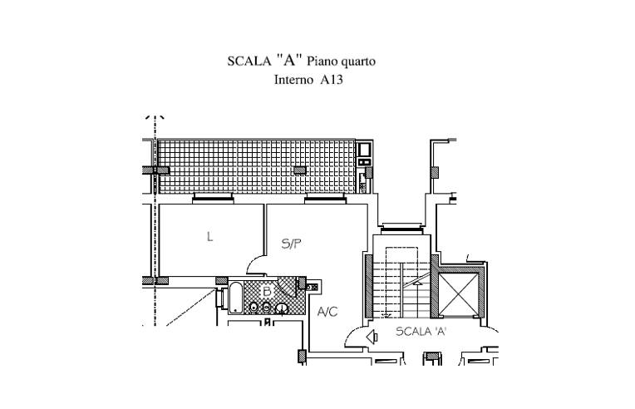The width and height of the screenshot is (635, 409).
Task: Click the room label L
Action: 209,236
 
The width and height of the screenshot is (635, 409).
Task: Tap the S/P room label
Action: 291,244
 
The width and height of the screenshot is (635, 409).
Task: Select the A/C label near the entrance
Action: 327,312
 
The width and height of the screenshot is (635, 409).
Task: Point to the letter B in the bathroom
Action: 267,291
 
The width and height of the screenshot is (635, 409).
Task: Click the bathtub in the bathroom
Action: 236,298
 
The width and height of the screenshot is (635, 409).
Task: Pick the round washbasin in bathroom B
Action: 282,309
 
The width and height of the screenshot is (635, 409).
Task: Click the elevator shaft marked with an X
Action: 459,294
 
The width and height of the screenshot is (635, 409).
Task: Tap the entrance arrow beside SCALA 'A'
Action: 372,337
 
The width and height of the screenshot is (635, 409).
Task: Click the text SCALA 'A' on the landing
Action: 421,332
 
